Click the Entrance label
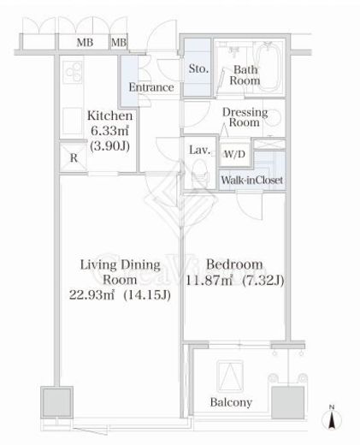click(x=151, y=87)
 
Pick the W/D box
click(x=233, y=154)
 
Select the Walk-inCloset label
click(x=252, y=181)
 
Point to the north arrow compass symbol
click(x=331, y=419)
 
